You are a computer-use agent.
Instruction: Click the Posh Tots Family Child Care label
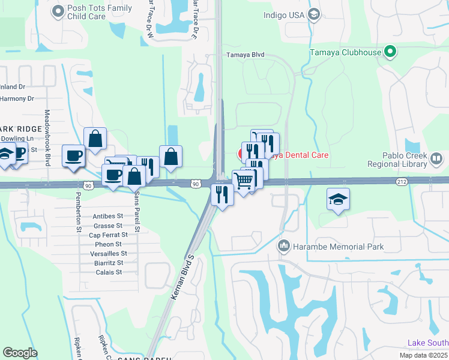pyautogui.click(x=100, y=13)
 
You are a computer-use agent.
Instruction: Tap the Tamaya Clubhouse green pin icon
pyautogui.click(x=391, y=52)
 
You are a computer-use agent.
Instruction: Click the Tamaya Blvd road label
pyautogui.click(x=245, y=55)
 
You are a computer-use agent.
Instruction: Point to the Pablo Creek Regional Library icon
pyautogui.click(x=436, y=158)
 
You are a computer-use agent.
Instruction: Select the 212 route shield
pyautogui.click(x=402, y=181)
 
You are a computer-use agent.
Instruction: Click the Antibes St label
pyautogui.click(x=108, y=216)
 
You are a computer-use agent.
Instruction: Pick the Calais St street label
pyautogui.click(x=109, y=272)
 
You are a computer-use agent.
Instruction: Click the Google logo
pyautogui.click(x=20, y=353)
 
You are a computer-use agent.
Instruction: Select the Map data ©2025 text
pyautogui.click(x=424, y=355)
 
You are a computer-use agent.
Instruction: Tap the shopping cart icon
pyautogui.click(x=243, y=180)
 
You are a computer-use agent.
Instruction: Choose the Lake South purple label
pyautogui.click(x=427, y=343)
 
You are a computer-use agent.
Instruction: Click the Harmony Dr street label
pyautogui.click(x=17, y=98)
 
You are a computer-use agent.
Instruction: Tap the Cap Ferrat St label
pyautogui.click(x=108, y=235)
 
